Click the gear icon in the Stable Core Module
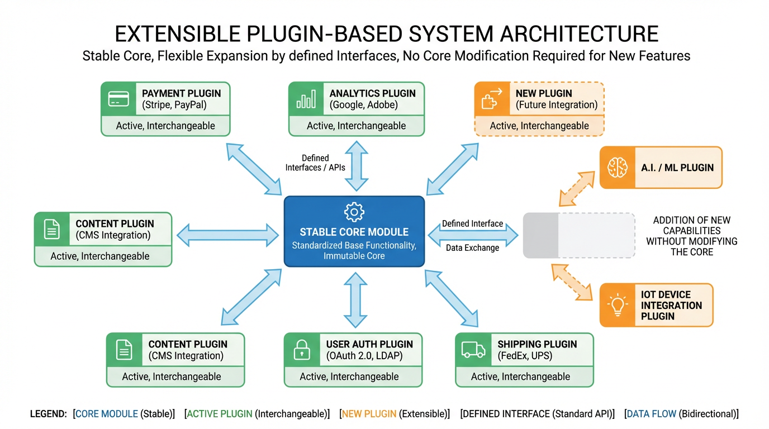(x=354, y=212)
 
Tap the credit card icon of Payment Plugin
(x=118, y=99)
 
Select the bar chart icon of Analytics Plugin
(x=306, y=99)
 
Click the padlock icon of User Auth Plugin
(x=302, y=350)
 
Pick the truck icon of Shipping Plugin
(x=473, y=350)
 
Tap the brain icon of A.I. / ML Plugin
(x=618, y=167)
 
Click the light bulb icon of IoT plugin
(x=618, y=305)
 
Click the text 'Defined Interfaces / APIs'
(x=315, y=163)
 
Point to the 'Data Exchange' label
(x=472, y=247)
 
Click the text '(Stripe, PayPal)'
(x=174, y=104)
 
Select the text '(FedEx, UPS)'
(x=525, y=355)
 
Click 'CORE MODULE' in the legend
(x=106, y=414)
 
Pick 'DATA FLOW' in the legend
(x=651, y=414)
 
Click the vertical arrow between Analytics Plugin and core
(x=356, y=166)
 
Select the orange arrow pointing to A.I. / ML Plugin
(x=577, y=185)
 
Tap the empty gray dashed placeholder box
(x=578, y=235)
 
